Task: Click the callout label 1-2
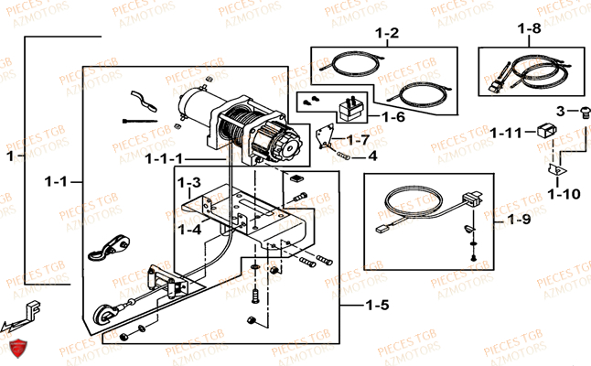(x=387, y=34)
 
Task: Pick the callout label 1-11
(x=504, y=133)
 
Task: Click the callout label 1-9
(x=518, y=220)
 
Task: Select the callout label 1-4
(x=189, y=229)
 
